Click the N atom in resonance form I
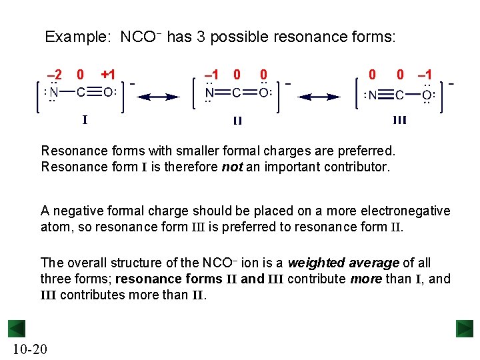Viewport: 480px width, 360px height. point(55,93)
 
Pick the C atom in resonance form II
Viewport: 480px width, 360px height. point(237,93)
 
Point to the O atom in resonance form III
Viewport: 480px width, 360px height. point(426,95)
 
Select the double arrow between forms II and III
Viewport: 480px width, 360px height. point(319,97)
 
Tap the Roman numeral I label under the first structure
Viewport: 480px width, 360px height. point(85,120)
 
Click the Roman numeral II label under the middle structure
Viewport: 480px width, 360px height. point(237,121)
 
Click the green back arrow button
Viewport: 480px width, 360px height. point(17,329)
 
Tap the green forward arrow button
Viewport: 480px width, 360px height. point(465,329)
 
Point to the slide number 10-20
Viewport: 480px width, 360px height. point(28,349)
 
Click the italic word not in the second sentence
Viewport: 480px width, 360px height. point(232,167)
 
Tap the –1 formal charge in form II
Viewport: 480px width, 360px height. point(212,75)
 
